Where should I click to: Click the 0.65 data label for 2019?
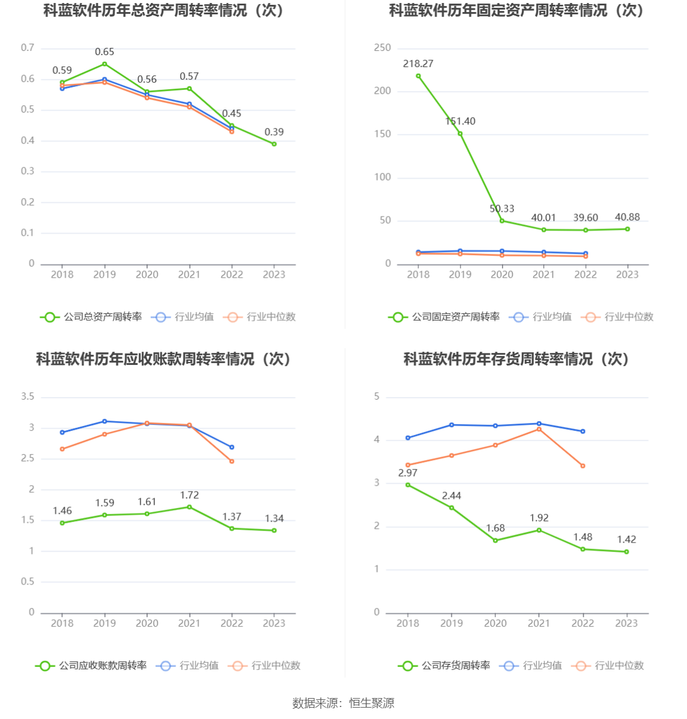pyautogui.click(x=104, y=52)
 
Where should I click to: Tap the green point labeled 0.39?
pyautogui.click(x=274, y=144)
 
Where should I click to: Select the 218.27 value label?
pyautogui.click(x=418, y=63)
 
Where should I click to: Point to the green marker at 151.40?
pyautogui.click(x=460, y=134)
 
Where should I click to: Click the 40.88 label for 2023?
pyautogui.click(x=627, y=217)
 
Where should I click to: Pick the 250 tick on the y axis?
pyautogui.click(x=382, y=48)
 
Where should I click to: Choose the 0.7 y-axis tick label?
pyautogui.click(x=28, y=48)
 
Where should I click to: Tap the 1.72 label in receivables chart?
pyautogui.click(x=189, y=495)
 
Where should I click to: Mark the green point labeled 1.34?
pyautogui.click(x=274, y=531)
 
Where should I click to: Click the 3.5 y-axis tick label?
pyautogui.click(x=28, y=397)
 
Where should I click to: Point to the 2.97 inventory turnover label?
pyautogui.click(x=408, y=473)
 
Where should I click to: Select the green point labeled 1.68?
pyautogui.click(x=496, y=540)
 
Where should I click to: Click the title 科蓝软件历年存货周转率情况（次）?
pyautogui.click(x=516, y=359)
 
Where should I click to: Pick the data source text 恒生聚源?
pyautogui.click(x=372, y=703)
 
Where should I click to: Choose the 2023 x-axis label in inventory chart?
pyautogui.click(x=627, y=623)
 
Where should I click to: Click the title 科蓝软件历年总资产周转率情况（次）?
pyautogui.click(x=163, y=11)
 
